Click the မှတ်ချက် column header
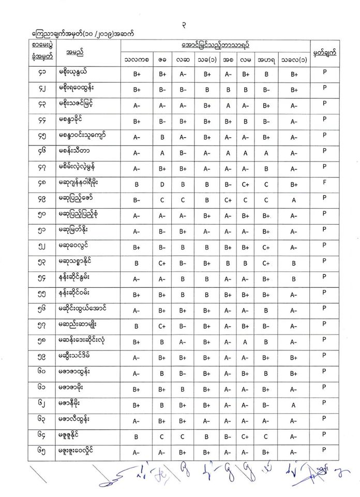[x=325, y=53]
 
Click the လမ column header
[x=246, y=60]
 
